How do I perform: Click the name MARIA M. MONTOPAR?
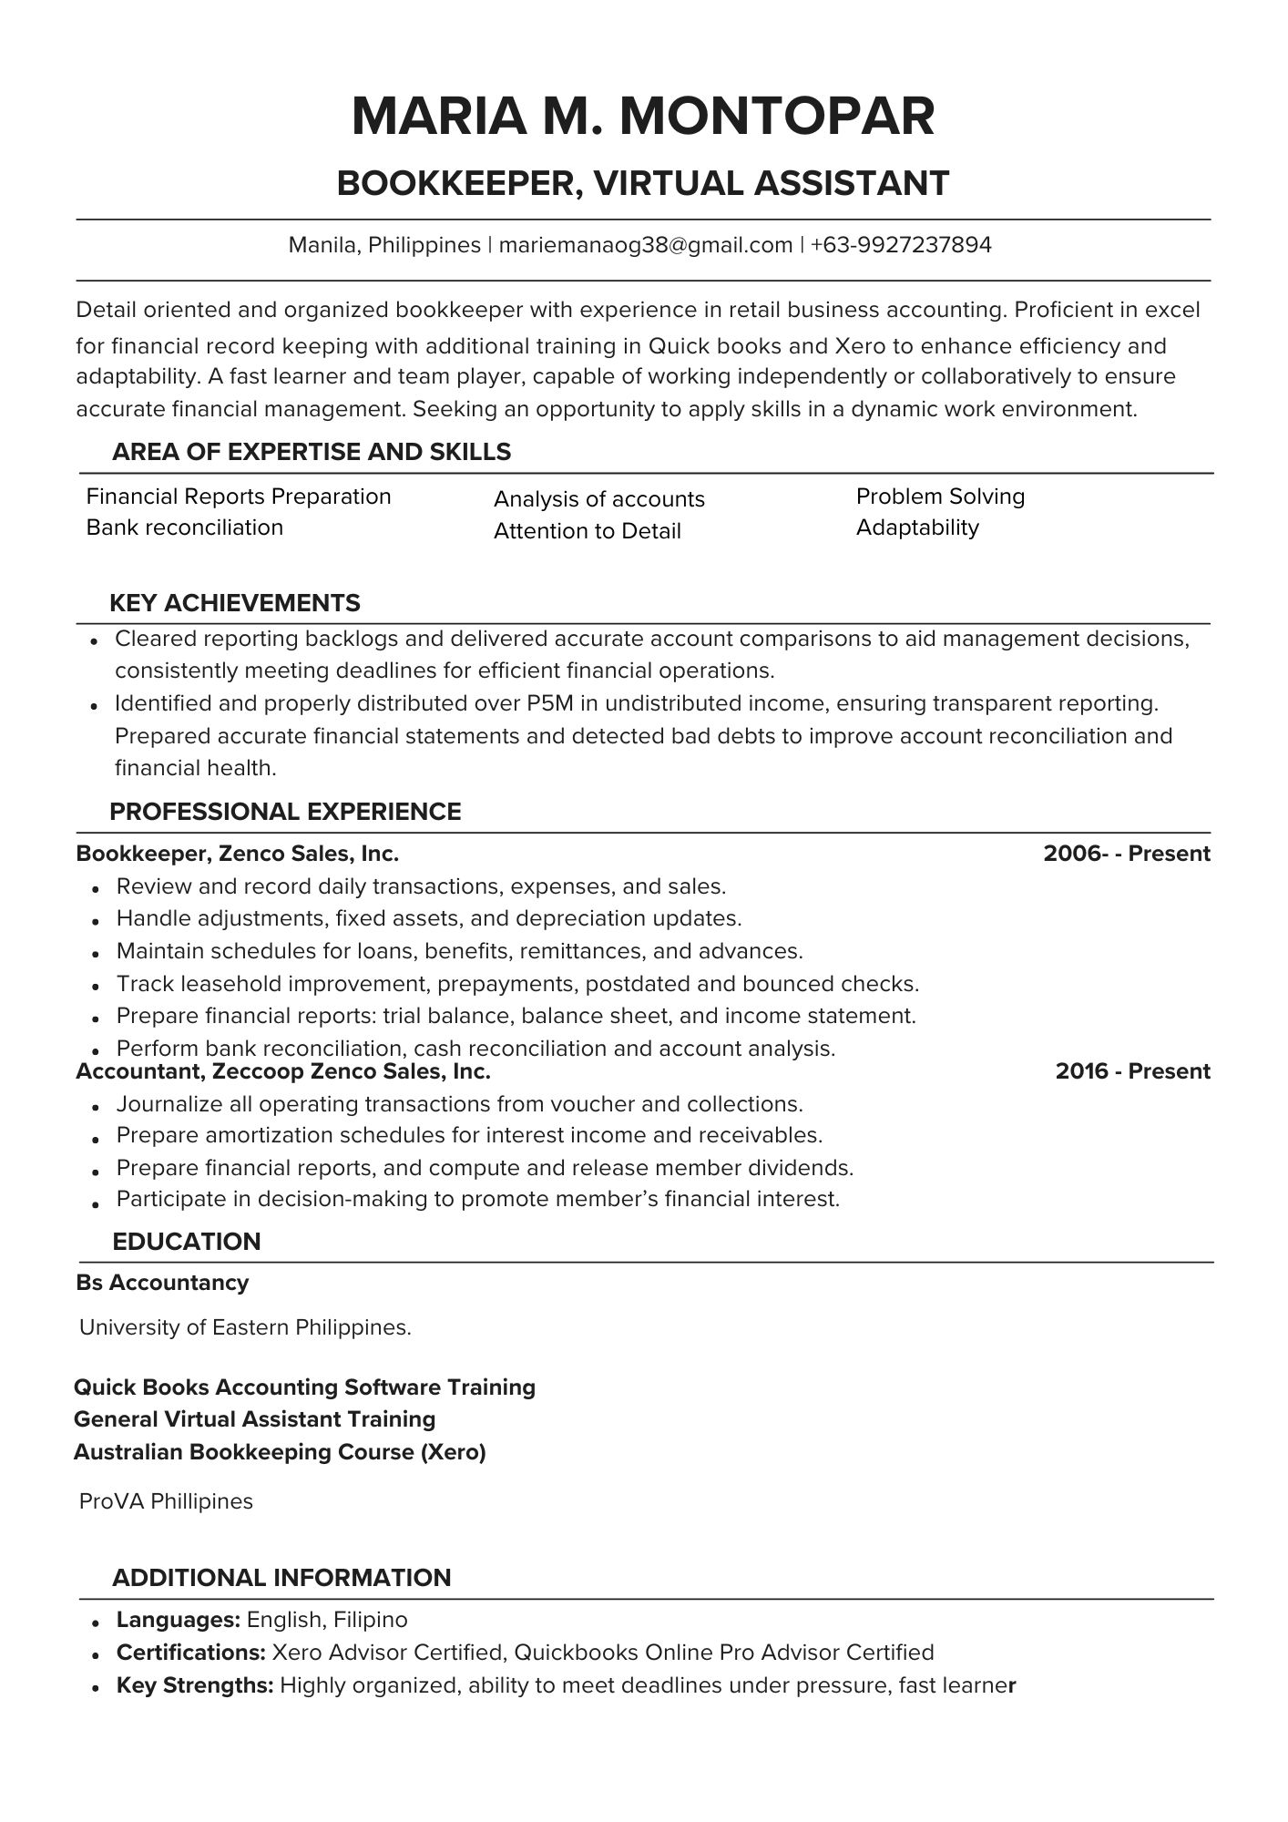coord(643,117)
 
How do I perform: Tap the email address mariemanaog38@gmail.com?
coord(645,245)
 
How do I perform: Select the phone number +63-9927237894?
coord(900,245)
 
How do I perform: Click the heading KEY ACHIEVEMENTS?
coord(235,603)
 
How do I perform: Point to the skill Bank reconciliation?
coord(185,527)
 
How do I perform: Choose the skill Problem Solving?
coord(940,496)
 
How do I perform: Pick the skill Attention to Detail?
coord(587,531)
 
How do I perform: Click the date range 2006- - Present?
coord(1126,854)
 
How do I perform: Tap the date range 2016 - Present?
coord(1132,1071)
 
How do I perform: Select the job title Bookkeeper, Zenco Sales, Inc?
coord(238,854)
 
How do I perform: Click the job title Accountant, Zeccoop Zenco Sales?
coord(283,1071)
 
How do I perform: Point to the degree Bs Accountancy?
coord(162,1283)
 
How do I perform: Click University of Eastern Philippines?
coord(245,1327)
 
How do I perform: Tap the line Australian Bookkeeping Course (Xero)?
coord(280,1451)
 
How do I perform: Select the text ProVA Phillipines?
coord(166,1501)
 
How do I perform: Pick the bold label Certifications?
coord(190,1653)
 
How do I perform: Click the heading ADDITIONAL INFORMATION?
coord(281,1578)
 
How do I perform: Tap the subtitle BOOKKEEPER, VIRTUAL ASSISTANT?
coord(643,183)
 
